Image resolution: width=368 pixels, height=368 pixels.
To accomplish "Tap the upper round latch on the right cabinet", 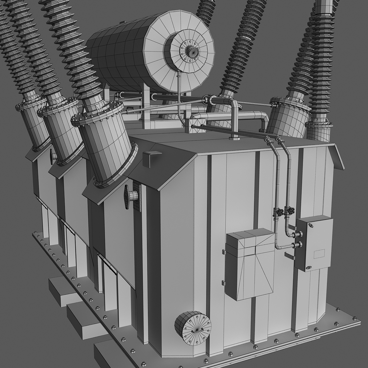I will click(311, 226).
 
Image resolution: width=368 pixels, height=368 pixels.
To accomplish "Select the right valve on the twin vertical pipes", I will click(289, 211).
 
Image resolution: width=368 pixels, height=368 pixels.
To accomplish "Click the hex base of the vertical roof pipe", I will click(234, 138).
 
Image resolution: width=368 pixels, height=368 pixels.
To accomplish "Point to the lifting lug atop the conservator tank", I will click(123, 22).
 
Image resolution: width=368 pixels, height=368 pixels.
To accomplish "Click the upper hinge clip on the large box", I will click(224, 252).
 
